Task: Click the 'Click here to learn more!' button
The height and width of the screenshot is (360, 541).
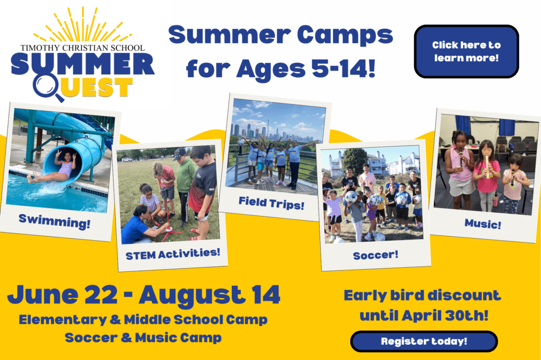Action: click(467, 51)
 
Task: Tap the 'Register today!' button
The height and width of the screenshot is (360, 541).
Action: click(424, 342)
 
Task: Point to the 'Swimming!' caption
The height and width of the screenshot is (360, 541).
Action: click(54, 221)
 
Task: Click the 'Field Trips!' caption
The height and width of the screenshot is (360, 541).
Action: click(272, 203)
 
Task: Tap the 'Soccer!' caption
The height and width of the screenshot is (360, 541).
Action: click(376, 255)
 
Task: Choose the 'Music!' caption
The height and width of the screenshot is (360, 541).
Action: click(483, 224)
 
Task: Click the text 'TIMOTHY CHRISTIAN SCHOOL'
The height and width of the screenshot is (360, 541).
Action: click(82, 48)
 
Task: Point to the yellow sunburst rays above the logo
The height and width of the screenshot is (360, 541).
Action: click(83, 25)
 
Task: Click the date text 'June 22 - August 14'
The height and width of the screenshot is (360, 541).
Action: click(144, 296)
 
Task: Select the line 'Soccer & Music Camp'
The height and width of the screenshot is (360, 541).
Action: click(143, 338)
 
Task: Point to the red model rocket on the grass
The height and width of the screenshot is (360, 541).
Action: click(169, 226)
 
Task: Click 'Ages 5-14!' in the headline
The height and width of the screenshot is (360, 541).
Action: click(305, 69)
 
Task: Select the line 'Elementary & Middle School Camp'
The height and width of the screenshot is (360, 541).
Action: click(143, 320)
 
